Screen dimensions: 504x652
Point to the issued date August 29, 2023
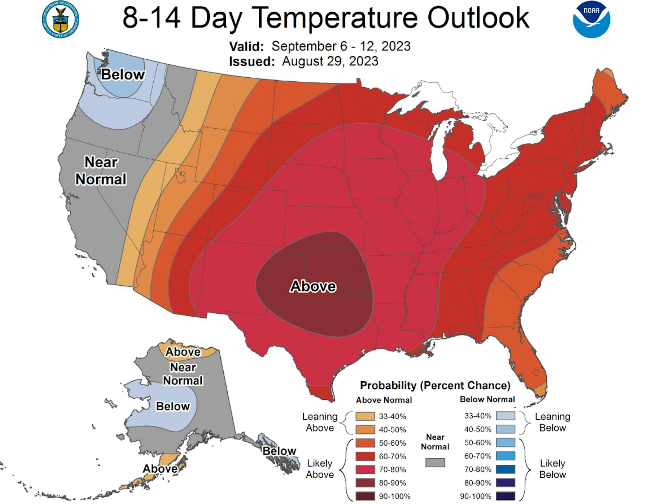[x=330, y=61]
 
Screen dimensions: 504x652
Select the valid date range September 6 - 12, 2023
[x=341, y=46]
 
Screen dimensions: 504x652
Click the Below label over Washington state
[x=123, y=75]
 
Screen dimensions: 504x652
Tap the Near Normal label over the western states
[x=101, y=171]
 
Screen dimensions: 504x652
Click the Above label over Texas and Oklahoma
[x=313, y=286]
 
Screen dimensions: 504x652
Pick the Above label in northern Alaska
[x=183, y=352]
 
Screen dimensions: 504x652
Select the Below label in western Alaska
[x=173, y=406]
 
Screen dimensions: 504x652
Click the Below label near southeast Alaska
[x=279, y=451]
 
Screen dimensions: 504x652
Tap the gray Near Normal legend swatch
[x=435, y=462]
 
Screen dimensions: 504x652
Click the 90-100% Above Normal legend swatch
[x=365, y=496]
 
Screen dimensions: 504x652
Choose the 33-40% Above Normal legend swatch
[x=365, y=416]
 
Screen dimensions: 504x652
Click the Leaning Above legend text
[x=320, y=422]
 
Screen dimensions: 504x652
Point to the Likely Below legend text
[x=552, y=469]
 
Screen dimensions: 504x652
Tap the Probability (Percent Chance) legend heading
[x=435, y=385]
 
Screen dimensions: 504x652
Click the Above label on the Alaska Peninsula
[x=160, y=469]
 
